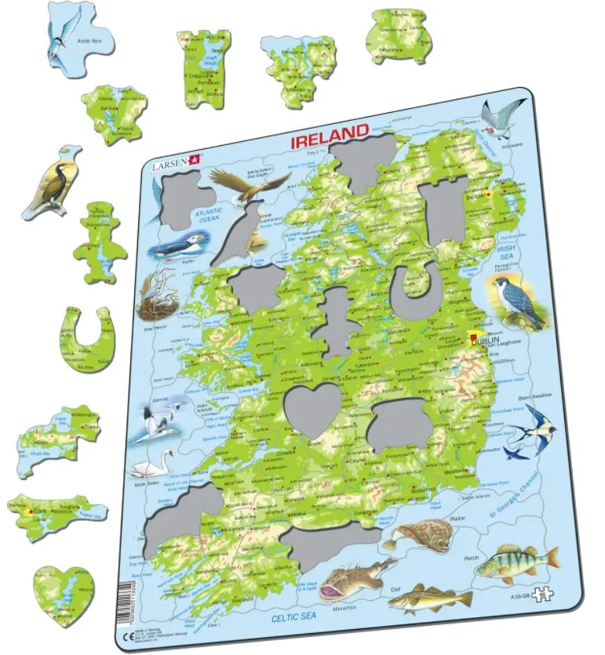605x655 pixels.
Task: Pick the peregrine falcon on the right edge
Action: click(x=511, y=301)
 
